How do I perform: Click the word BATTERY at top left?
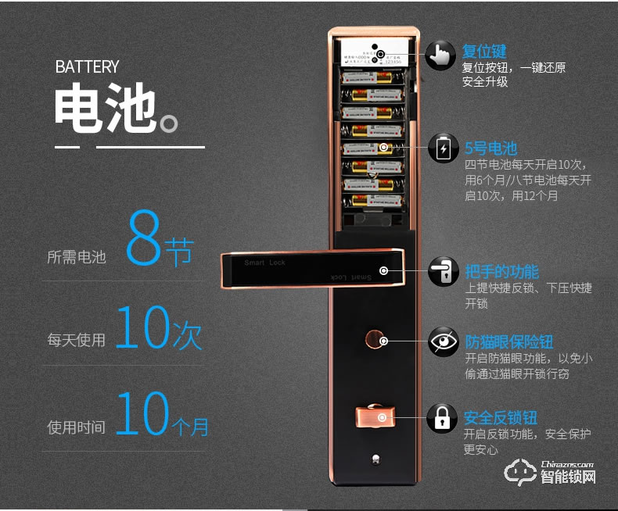click(87, 67)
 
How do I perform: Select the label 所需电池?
click(76, 256)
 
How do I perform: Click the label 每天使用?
click(76, 340)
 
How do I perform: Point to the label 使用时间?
click(76, 427)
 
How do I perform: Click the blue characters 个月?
click(190, 426)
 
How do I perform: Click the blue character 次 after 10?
click(186, 334)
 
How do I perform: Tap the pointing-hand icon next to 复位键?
click(442, 56)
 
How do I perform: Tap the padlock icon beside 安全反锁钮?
click(442, 418)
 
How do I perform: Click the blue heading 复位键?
click(484, 52)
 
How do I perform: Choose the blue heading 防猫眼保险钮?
click(509, 341)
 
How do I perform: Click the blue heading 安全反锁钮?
click(501, 417)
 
